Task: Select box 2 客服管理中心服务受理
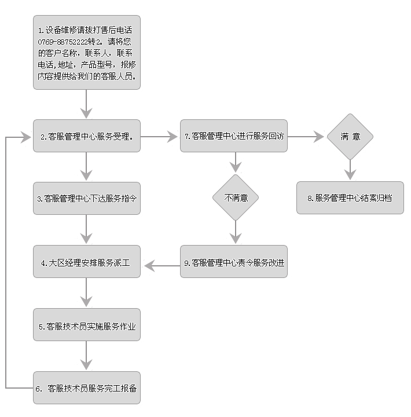point(87,137)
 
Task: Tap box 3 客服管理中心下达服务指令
point(87,198)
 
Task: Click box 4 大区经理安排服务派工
point(87,262)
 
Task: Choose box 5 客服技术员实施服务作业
point(87,326)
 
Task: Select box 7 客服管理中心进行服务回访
point(234,137)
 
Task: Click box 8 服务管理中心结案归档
point(350,197)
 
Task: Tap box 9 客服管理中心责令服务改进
point(234,262)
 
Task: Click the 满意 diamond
point(350,137)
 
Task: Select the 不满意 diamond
point(235,197)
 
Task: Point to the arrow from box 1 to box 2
point(87,104)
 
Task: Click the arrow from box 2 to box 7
point(160,137)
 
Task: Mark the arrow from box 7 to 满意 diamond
point(306,137)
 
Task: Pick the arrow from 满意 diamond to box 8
point(350,170)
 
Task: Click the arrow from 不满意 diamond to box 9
point(235,232)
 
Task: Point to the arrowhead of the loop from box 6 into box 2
point(25,137)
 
